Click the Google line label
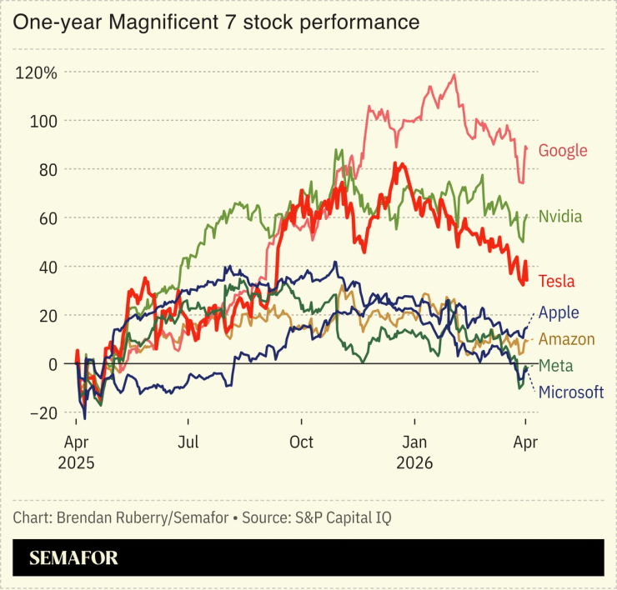pos(563,151)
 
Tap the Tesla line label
pos(557,281)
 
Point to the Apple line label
pos(559,312)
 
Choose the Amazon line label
pos(567,339)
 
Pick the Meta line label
pos(555,365)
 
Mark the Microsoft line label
pos(571,392)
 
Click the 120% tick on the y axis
pos(37,72)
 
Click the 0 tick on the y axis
pos(53,364)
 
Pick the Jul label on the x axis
pos(188,442)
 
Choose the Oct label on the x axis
pos(302,442)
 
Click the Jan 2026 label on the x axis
pos(415,452)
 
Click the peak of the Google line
pos(454,75)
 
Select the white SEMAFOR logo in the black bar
pos(74,557)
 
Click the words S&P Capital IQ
pos(341,517)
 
